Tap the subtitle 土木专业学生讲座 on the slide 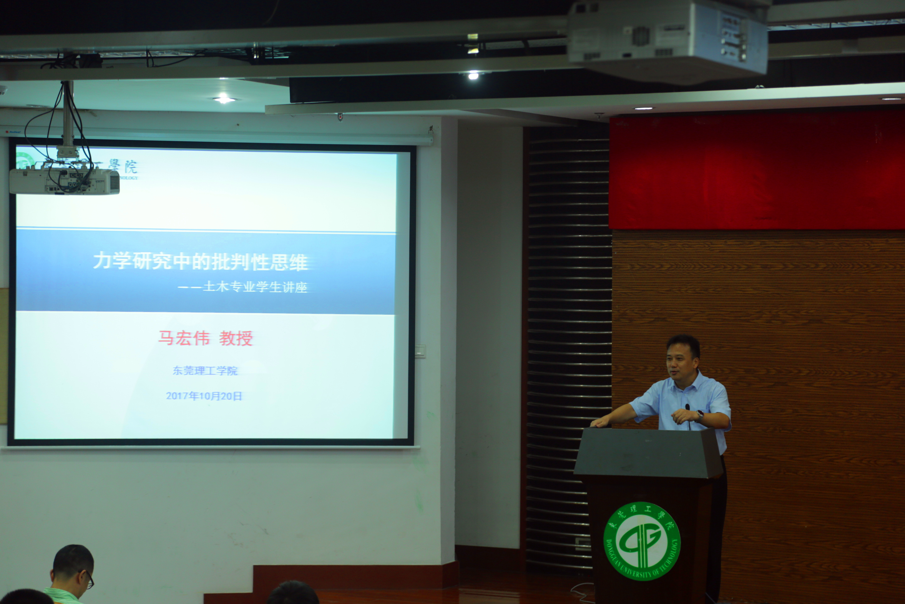coord(255,287)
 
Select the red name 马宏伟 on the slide coord(184,338)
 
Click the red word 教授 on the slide coord(236,338)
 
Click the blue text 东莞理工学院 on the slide coord(205,371)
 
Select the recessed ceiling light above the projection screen coord(224,100)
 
